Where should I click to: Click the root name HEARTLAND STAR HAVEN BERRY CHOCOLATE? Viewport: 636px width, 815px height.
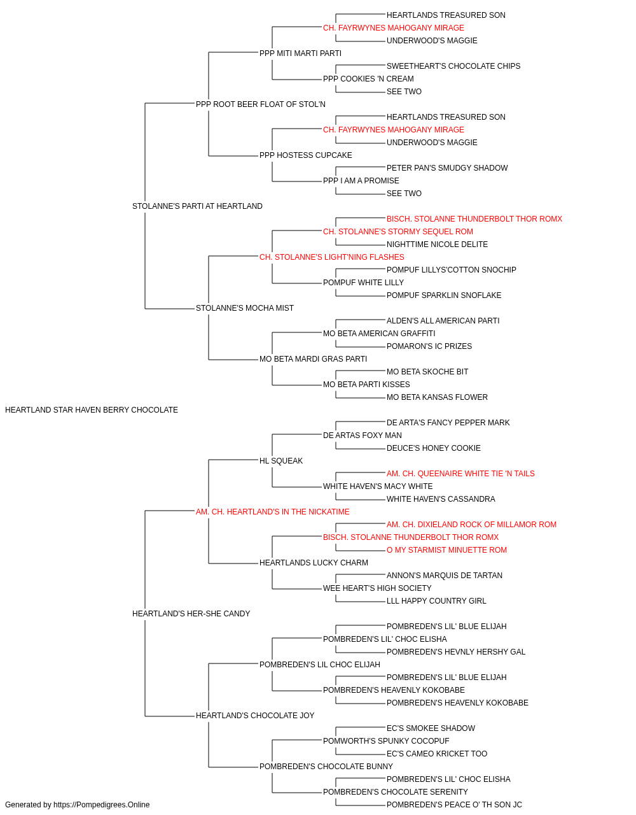click(92, 410)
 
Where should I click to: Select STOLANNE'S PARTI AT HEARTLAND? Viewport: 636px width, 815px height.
click(197, 206)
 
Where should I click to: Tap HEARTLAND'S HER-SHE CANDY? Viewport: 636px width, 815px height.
click(191, 614)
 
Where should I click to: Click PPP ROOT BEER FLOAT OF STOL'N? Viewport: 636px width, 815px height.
click(261, 104)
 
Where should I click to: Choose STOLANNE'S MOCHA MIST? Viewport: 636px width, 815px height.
click(245, 308)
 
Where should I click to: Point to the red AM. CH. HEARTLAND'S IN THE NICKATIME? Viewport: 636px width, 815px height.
click(273, 512)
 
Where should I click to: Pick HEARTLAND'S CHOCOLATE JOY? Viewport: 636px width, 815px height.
click(255, 716)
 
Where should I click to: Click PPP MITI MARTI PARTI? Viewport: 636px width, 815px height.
click(300, 53)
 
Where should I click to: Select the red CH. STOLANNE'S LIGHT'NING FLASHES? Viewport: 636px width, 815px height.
click(332, 257)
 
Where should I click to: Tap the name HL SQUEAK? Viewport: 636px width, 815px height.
click(281, 461)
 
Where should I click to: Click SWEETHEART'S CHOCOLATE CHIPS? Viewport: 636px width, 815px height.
click(453, 66)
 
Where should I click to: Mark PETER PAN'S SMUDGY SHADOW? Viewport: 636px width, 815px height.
click(447, 168)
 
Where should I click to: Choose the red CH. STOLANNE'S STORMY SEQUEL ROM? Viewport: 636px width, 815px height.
click(398, 232)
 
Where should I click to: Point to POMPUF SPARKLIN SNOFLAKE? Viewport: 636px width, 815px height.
click(444, 295)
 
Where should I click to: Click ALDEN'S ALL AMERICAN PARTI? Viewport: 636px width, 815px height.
click(443, 321)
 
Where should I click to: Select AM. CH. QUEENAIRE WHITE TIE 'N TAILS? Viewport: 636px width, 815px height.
click(460, 474)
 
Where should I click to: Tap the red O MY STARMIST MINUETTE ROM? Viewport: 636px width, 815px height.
click(447, 550)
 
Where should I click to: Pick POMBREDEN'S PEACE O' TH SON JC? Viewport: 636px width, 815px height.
click(454, 805)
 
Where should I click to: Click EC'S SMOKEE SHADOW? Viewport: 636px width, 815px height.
click(431, 728)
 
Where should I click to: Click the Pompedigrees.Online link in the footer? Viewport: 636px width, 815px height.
click(102, 805)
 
